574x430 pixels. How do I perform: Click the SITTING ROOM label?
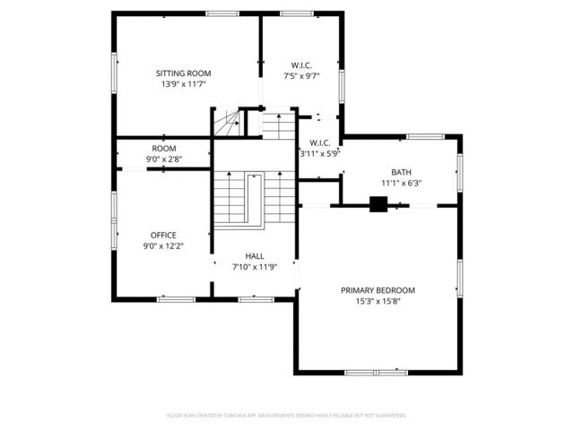183,73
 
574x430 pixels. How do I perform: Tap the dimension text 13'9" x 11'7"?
183,84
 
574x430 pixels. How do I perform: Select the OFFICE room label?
163,236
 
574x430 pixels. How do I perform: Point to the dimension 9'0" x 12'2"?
163,246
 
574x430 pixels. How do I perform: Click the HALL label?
254,255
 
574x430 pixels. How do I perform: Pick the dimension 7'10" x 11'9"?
254,266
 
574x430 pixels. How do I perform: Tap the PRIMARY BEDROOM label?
378,289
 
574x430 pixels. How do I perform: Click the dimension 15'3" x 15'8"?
378,301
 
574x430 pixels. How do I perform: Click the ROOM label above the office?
163,149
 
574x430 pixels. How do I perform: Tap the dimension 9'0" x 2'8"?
163,159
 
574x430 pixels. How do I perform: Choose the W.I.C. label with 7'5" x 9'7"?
301,64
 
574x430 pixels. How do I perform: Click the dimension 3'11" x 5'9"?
320,154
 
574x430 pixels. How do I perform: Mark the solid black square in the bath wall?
378,205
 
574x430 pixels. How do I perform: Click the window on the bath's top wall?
425,136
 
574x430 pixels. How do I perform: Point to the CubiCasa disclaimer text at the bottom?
287,416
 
